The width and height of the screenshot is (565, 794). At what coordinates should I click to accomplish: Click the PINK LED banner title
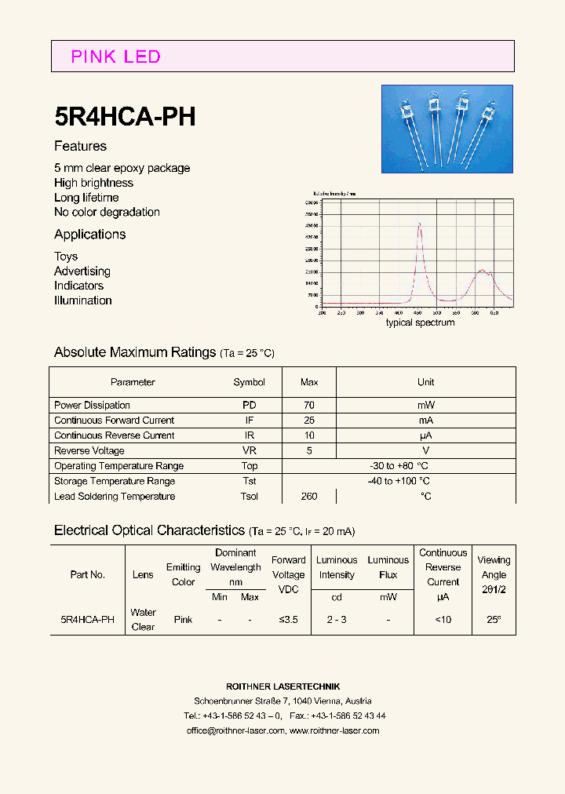[115, 56]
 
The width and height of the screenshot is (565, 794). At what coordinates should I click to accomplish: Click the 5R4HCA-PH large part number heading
[125, 116]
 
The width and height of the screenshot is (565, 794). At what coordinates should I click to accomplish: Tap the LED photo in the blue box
[447, 129]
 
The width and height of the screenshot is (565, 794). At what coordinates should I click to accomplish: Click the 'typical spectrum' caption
[420, 322]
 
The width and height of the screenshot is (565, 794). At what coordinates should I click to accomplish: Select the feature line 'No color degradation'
[107, 212]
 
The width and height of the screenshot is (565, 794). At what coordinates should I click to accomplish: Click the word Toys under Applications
[66, 257]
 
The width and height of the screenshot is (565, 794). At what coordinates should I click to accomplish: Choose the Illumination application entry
[82, 300]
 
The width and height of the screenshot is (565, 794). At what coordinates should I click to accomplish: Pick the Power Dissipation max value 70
[309, 405]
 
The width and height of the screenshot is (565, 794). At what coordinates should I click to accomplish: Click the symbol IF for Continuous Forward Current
[249, 421]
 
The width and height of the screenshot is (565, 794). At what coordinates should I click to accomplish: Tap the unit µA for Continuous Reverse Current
[425, 435]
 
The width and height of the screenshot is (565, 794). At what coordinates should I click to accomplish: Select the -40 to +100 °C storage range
[398, 481]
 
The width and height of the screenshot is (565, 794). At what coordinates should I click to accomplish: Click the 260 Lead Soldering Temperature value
[309, 496]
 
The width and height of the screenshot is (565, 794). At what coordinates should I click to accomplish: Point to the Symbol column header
[249, 382]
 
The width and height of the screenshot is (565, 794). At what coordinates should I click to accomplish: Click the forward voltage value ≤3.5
[288, 619]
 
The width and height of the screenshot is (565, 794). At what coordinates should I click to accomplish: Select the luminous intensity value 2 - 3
[337, 619]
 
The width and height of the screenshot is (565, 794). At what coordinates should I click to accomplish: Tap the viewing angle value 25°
[494, 619]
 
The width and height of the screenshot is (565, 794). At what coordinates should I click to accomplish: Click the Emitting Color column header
[183, 574]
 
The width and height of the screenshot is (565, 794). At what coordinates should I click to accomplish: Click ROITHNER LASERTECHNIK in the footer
[283, 687]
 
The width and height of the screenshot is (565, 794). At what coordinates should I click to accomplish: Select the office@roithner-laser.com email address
[235, 730]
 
